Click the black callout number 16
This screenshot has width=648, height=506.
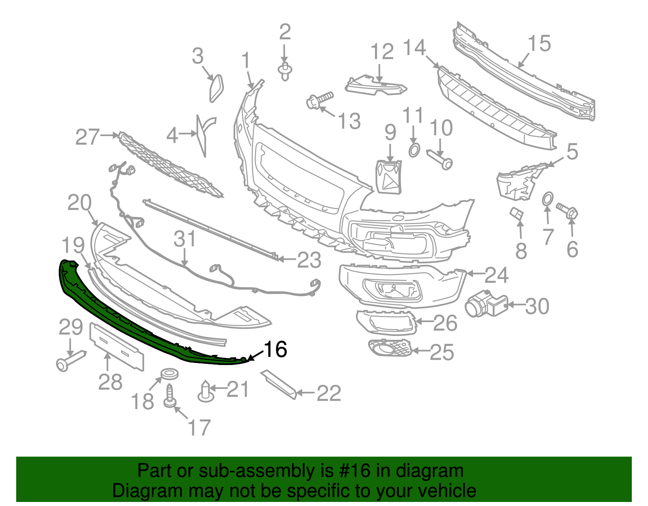[276, 349]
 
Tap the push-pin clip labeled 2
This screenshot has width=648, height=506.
[285, 72]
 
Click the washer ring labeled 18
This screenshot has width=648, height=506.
[169, 374]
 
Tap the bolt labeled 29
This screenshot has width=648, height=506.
[71, 360]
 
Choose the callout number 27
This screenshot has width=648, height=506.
[87, 137]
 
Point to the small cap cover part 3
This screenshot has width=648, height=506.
[216, 88]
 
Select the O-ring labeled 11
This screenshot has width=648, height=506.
[414, 150]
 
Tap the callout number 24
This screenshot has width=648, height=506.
[496, 275]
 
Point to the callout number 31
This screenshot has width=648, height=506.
[185, 239]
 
